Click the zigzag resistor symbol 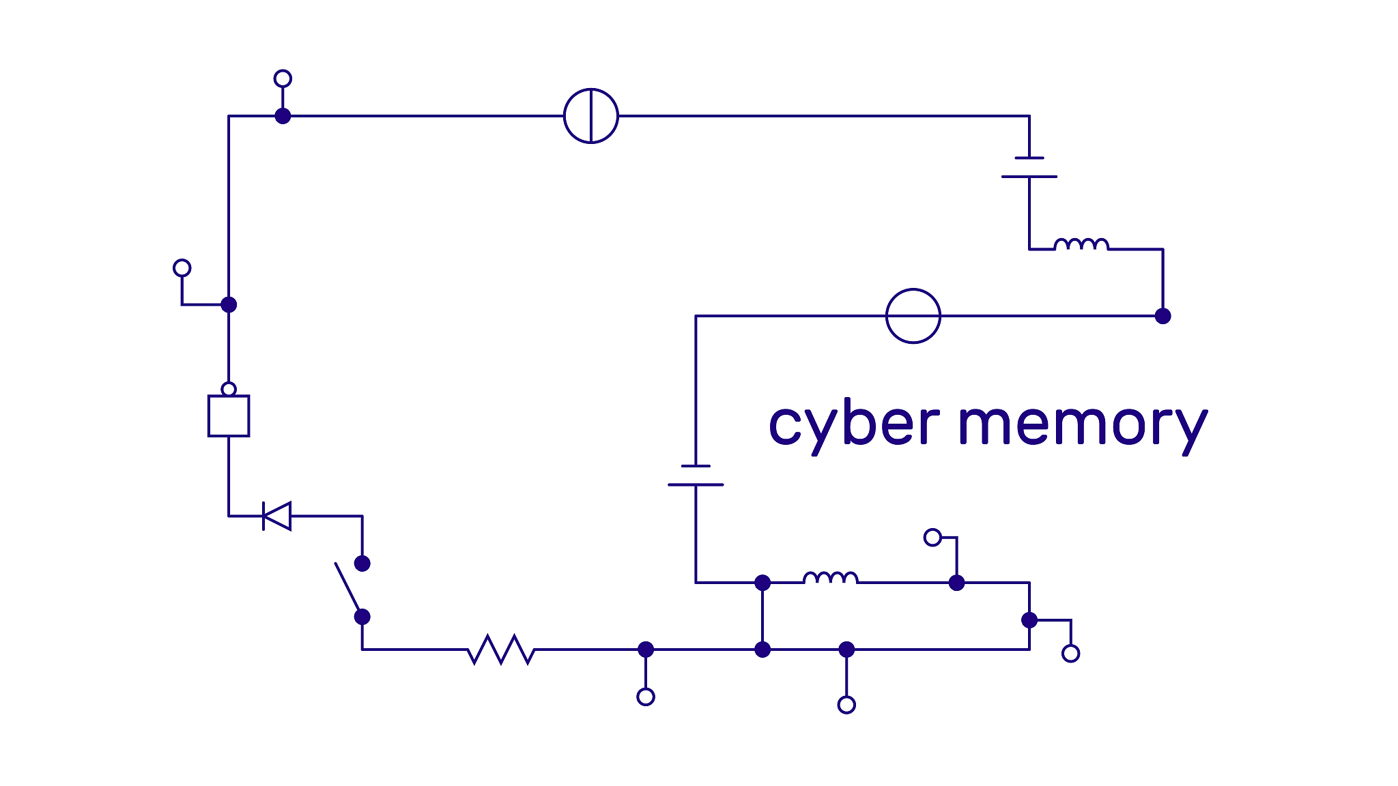click(501, 650)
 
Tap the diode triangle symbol click(277, 516)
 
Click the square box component click(229, 416)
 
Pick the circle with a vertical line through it click(591, 116)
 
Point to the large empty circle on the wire click(913, 316)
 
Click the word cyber click(854, 424)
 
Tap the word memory click(1083, 424)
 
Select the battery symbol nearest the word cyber click(696, 476)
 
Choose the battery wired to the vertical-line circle click(1029, 167)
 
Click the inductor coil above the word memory click(1081, 245)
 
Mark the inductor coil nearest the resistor click(830, 579)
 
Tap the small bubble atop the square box click(229, 390)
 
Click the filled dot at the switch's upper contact click(362, 564)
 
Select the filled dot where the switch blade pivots click(362, 617)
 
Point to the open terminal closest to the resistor click(646, 697)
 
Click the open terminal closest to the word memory click(932, 538)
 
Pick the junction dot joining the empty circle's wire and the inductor click(1162, 316)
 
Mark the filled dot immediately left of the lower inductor click(762, 583)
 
